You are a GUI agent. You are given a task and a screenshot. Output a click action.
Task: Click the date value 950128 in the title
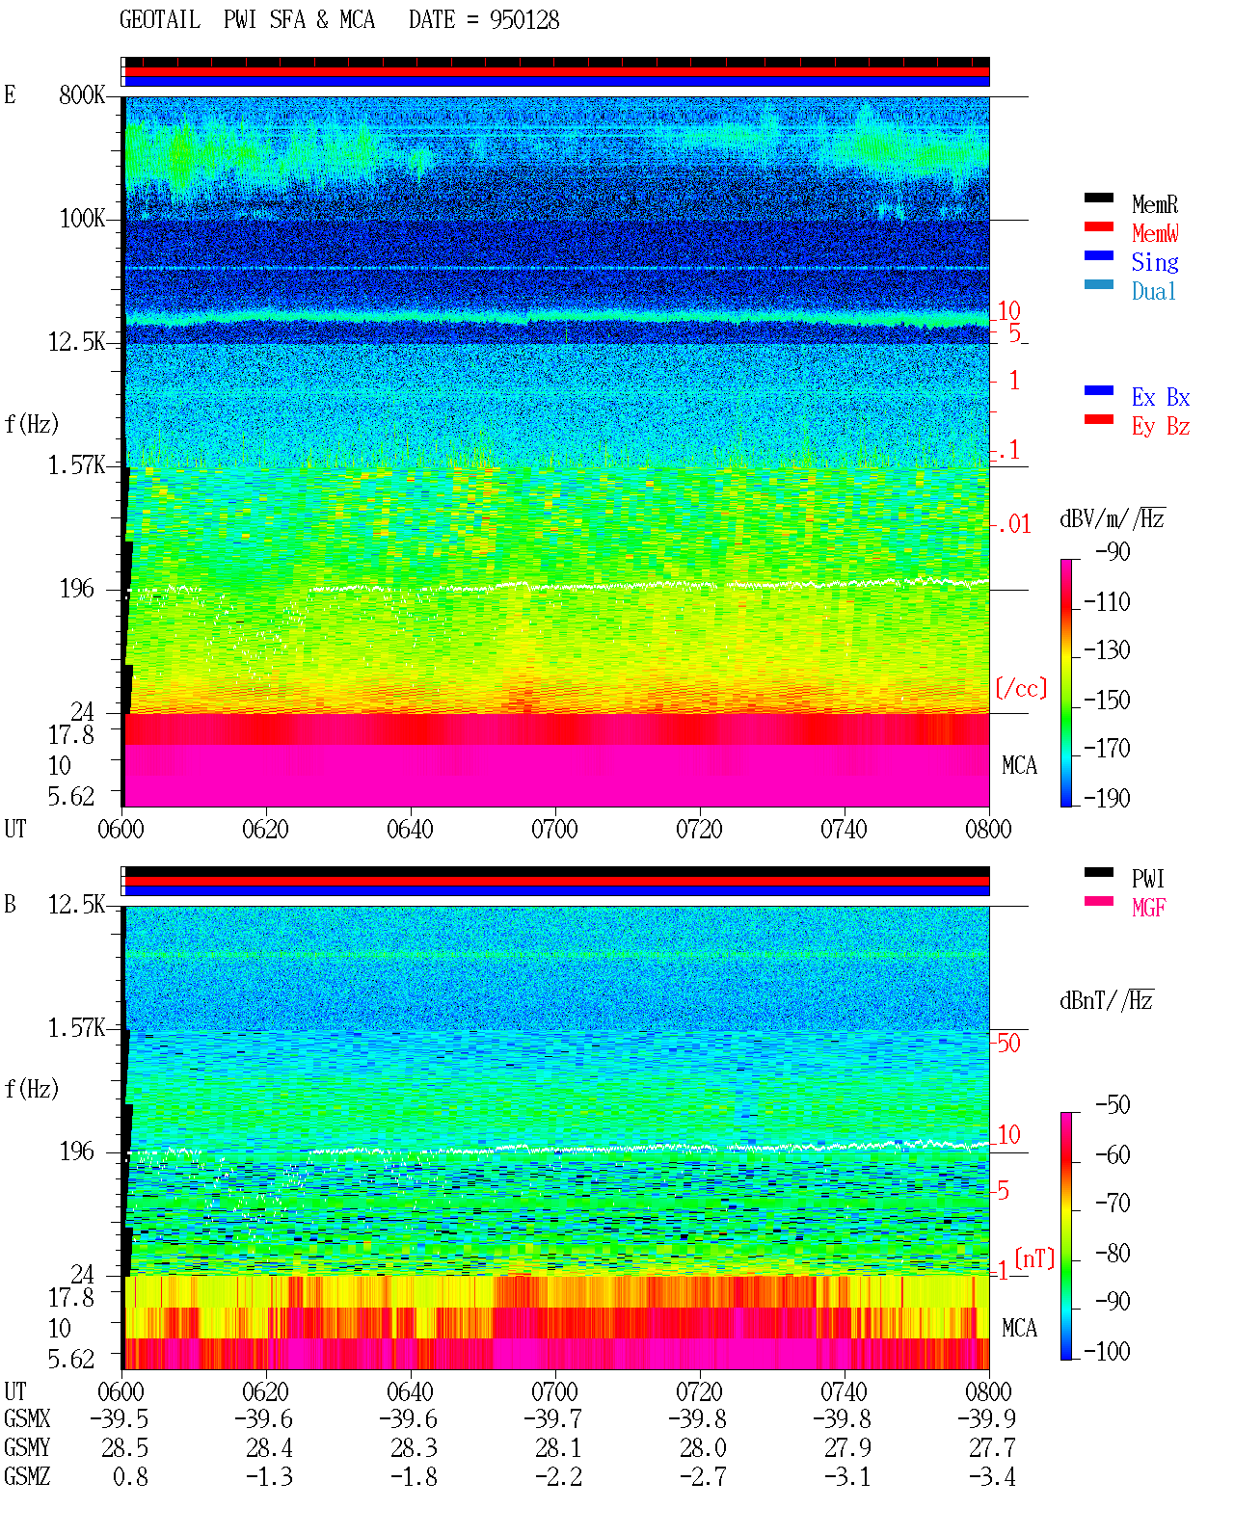pos(523,20)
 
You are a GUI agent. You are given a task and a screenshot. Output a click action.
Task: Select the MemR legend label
pos(1154,204)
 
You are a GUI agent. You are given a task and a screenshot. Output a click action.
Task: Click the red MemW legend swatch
pos(1098,226)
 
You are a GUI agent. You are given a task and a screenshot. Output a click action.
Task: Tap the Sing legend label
pos(1154,262)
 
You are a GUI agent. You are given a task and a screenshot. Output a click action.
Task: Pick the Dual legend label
pos(1153,291)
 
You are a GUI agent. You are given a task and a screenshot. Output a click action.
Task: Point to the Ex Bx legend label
pos(1161,397)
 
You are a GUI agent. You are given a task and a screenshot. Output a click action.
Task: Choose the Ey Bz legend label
pos(1161,427)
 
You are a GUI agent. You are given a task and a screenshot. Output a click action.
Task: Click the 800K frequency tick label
pos(82,94)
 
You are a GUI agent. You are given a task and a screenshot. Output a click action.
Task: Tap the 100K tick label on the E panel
pos(82,219)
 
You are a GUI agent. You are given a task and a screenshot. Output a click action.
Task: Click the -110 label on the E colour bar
pos(1107,602)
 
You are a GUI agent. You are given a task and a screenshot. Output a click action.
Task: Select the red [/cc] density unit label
pos(1021,688)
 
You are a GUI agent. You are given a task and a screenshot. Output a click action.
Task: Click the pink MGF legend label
pos(1148,908)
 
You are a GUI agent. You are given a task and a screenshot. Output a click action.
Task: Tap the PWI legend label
pos(1147,879)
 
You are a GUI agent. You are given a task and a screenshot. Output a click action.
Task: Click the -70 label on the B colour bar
pos(1113,1204)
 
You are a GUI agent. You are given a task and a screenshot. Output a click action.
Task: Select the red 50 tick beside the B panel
pos(1008,1044)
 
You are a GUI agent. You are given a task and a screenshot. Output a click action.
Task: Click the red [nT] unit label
pos(1034,1258)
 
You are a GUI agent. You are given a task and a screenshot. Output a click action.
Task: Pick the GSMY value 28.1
pos(558,1448)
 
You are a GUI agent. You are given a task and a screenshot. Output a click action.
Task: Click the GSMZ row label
pos(27,1476)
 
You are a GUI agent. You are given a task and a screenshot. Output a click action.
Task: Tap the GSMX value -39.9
pos(986,1418)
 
